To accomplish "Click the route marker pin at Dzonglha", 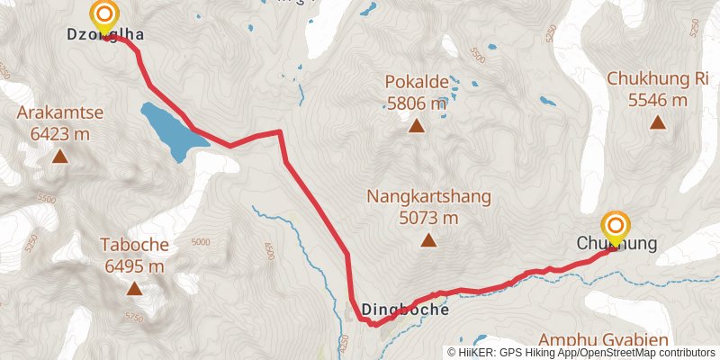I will click(x=105, y=15).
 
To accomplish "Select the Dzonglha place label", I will click(x=106, y=35).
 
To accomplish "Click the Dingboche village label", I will click(x=405, y=310).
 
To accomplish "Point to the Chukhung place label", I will click(x=616, y=244).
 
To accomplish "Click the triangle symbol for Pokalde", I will click(x=417, y=126).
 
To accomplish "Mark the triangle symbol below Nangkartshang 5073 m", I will click(x=429, y=240).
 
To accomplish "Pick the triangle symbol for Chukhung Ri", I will click(x=658, y=122).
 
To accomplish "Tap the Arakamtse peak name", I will click(x=59, y=113).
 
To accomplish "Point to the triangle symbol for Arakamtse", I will click(x=59, y=157).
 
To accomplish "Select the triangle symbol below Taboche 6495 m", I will click(x=134, y=289).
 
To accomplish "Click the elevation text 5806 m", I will click(x=417, y=103).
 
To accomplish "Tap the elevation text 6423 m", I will click(x=59, y=135).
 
